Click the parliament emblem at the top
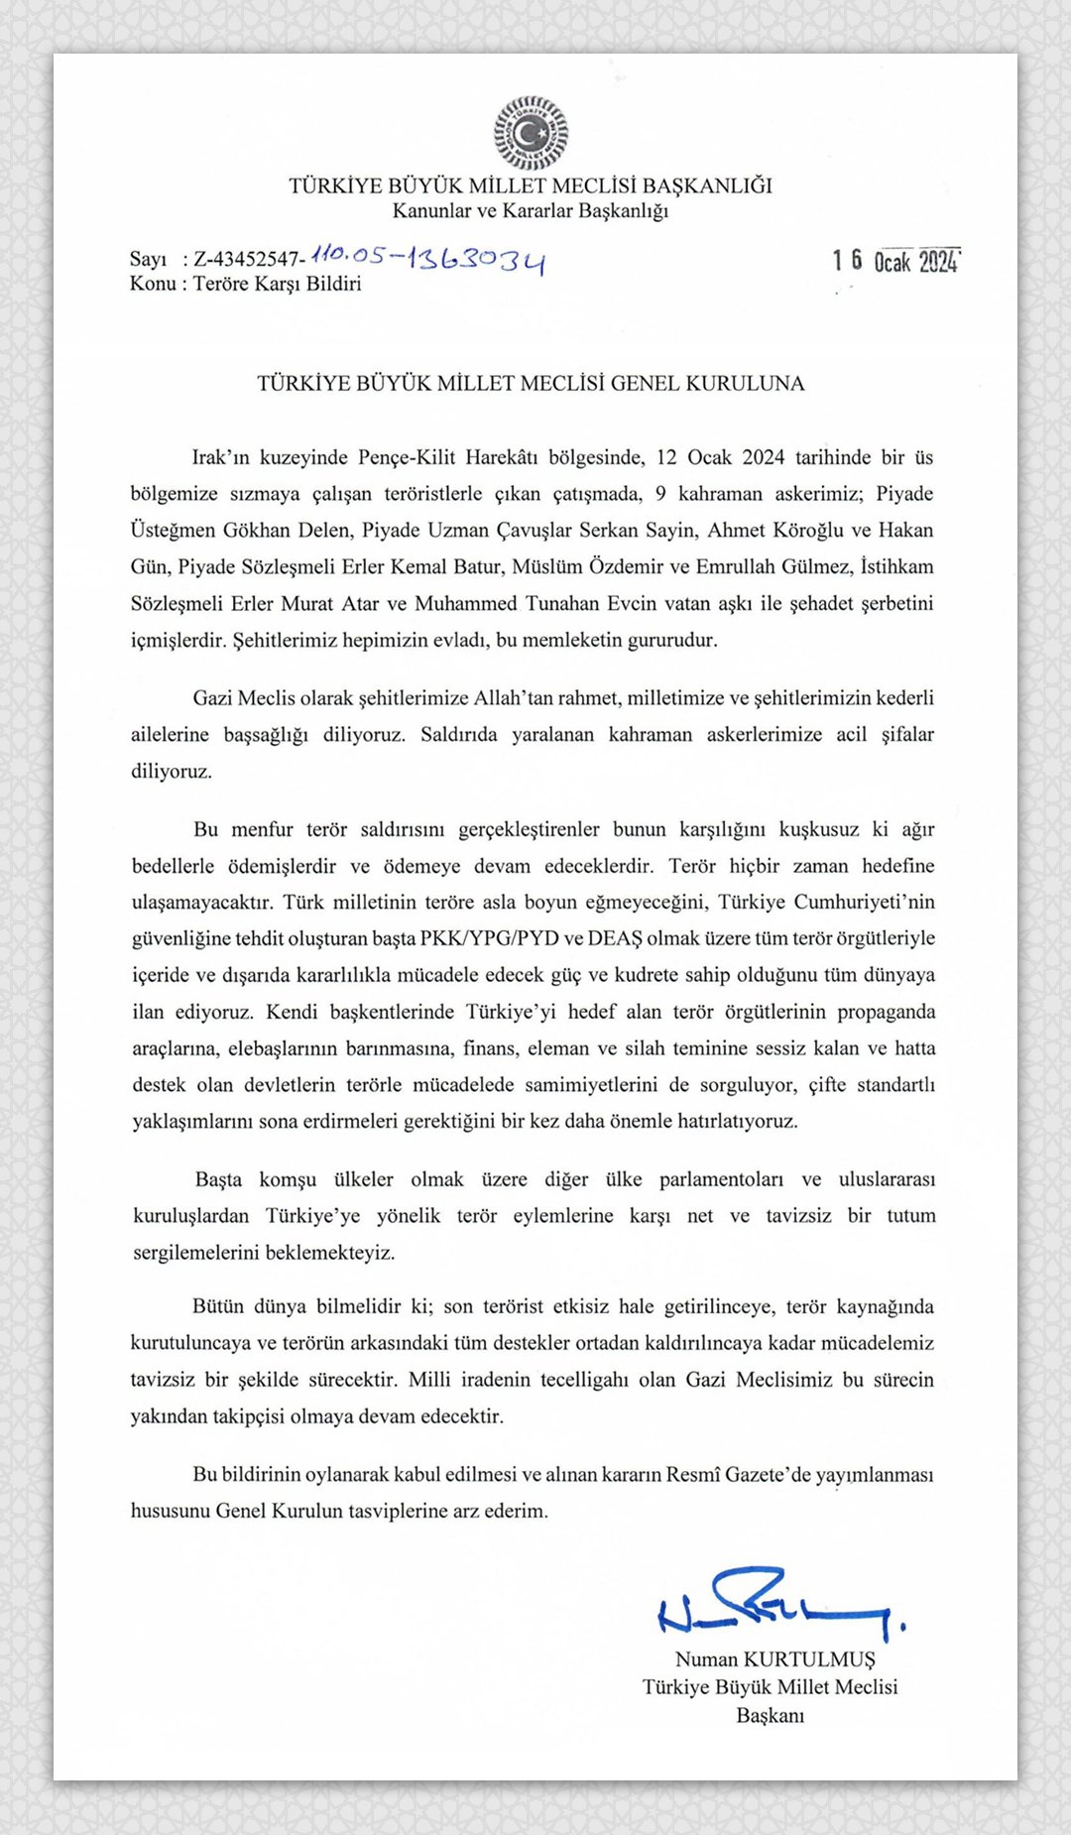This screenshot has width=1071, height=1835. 532,133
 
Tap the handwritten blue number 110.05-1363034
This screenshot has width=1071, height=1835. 427,259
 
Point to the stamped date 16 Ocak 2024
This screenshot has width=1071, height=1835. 895,261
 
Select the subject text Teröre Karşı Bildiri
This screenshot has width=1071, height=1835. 277,284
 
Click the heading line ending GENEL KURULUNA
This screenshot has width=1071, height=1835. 531,384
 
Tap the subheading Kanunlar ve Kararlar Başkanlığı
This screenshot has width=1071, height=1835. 531,210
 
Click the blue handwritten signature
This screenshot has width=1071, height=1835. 778,1604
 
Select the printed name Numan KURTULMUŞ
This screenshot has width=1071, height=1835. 774,1659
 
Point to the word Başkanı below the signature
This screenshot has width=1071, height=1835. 770,1715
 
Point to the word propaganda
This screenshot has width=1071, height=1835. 886,1012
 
